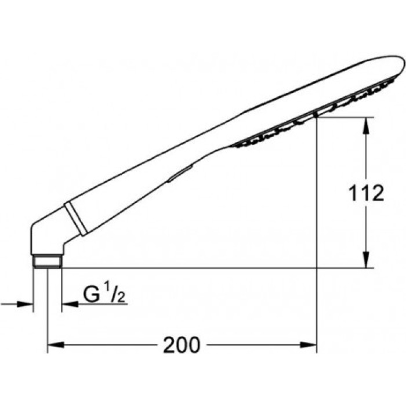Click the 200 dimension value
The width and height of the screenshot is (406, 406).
(181, 346)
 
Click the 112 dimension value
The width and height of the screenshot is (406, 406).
(366, 193)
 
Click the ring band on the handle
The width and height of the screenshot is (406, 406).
(76, 218)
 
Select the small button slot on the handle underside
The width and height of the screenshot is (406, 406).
(179, 173)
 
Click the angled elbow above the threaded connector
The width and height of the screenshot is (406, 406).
(46, 238)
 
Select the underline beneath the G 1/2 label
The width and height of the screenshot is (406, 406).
(104, 304)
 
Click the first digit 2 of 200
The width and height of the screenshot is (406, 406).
(168, 346)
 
